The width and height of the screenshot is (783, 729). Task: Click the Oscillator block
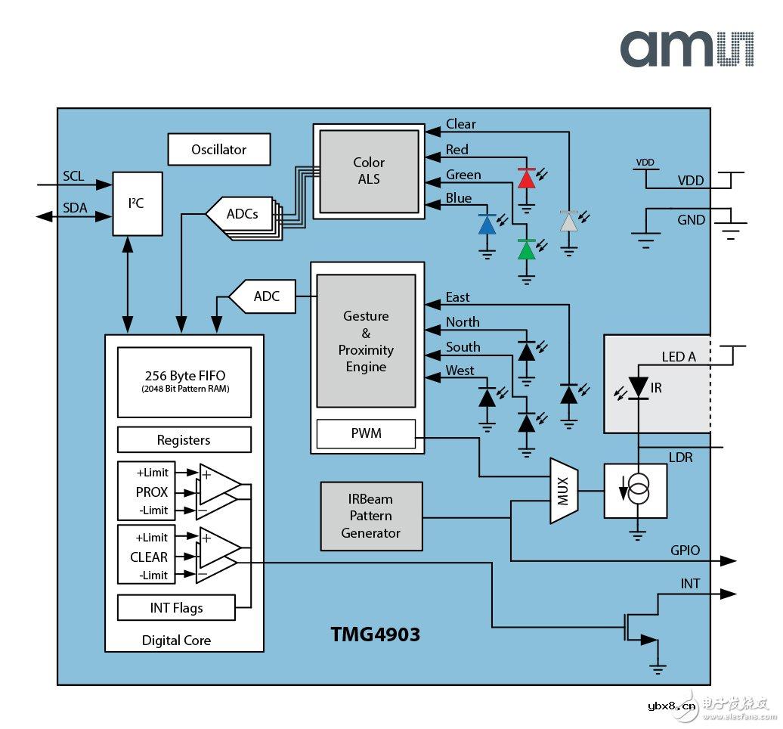click(218, 150)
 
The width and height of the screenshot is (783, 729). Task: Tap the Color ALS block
click(369, 171)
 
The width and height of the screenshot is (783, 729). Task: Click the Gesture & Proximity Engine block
click(366, 341)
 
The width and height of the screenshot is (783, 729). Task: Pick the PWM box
click(366, 433)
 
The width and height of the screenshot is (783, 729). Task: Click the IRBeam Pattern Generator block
click(370, 517)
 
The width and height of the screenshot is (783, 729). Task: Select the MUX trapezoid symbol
click(563, 490)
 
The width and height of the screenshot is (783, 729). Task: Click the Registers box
click(184, 440)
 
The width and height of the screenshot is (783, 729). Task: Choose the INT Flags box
click(175, 608)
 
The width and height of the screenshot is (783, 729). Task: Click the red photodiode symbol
click(527, 178)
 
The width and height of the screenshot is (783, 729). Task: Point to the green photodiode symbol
click(527, 250)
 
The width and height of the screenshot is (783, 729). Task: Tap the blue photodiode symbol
click(487, 225)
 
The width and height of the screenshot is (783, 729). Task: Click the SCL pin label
click(73, 176)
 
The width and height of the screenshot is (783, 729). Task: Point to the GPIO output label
click(685, 551)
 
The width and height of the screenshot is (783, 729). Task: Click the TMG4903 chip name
click(375, 634)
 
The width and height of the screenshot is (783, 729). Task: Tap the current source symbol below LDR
click(636, 492)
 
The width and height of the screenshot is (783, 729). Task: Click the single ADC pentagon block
click(262, 296)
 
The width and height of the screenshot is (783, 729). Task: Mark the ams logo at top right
click(687, 49)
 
